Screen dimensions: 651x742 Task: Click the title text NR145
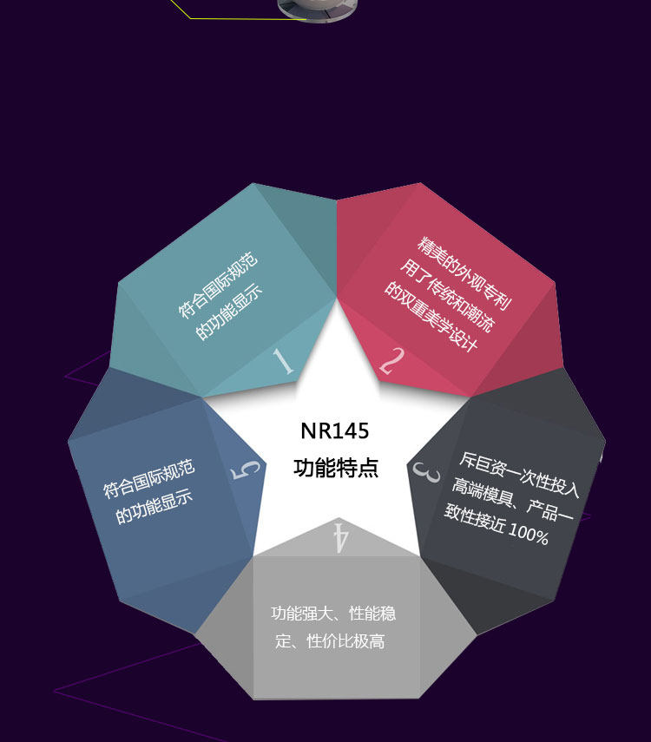click(x=335, y=431)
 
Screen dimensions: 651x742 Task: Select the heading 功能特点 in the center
click(x=336, y=468)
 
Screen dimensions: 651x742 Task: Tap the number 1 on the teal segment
click(x=283, y=362)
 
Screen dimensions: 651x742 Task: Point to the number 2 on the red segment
click(x=392, y=361)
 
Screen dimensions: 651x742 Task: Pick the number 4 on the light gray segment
click(x=341, y=537)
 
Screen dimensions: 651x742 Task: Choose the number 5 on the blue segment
click(x=246, y=469)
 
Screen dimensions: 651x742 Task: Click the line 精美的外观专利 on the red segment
click(x=464, y=274)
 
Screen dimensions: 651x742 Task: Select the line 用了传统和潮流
click(x=447, y=295)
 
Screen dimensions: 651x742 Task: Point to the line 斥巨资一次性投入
click(x=519, y=475)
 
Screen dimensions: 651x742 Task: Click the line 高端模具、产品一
click(x=513, y=499)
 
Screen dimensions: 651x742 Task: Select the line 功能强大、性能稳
click(x=333, y=614)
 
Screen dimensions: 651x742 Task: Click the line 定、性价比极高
click(x=330, y=641)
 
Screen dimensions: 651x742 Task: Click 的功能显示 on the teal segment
click(x=228, y=311)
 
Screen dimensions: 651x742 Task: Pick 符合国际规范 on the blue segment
click(x=148, y=478)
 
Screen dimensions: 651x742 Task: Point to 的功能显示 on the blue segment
click(x=155, y=507)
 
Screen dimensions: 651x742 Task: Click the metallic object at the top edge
click(x=317, y=10)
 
